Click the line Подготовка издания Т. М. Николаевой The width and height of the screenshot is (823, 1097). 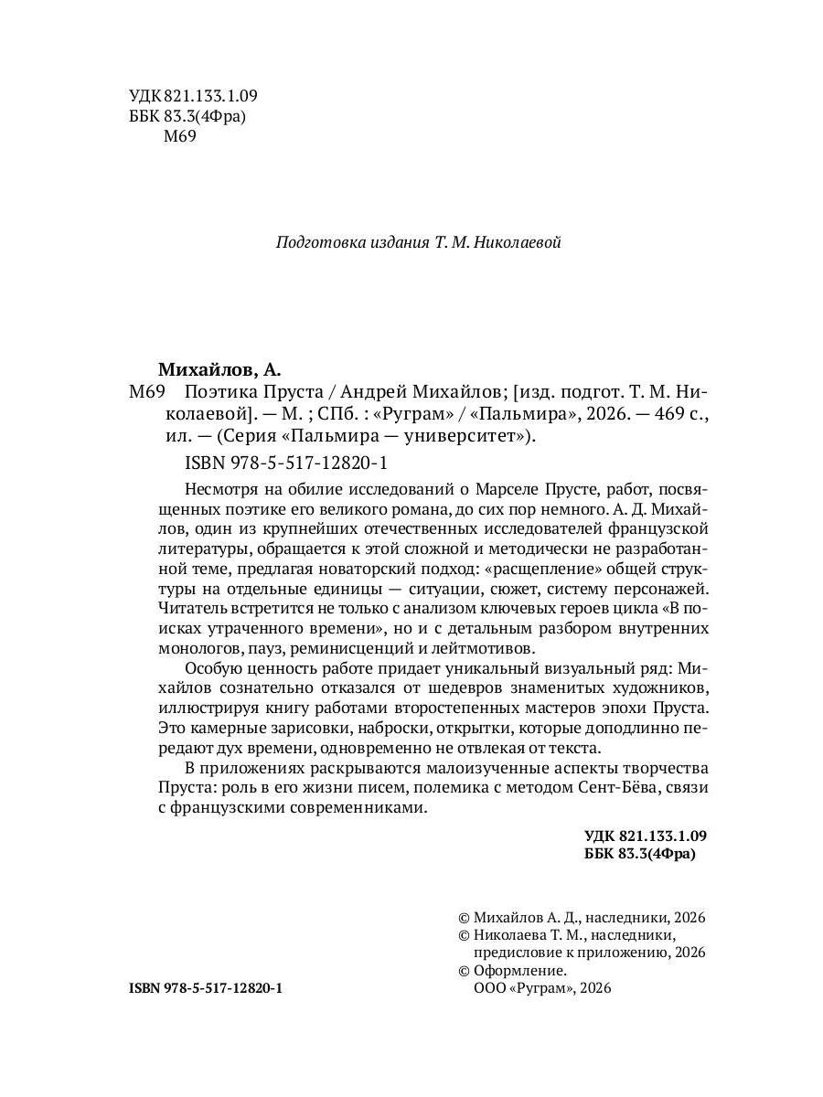point(418,243)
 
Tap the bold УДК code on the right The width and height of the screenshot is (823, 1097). point(646,836)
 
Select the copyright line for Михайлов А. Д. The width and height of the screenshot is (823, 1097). point(582,918)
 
